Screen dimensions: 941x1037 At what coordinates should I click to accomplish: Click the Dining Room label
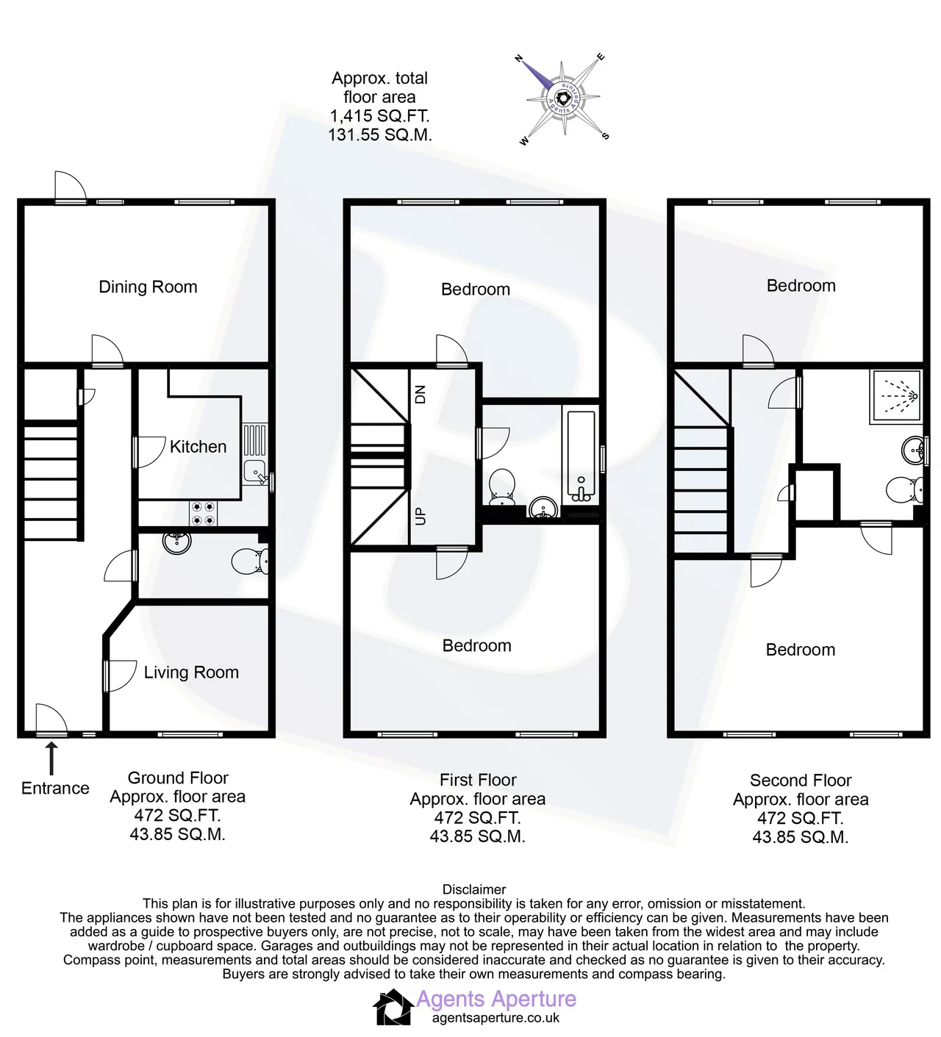click(x=148, y=287)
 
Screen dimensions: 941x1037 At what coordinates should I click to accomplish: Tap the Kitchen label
click(x=198, y=447)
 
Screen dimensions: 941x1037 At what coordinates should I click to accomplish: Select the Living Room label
click(x=191, y=672)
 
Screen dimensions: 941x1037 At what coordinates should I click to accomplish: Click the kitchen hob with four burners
click(x=203, y=513)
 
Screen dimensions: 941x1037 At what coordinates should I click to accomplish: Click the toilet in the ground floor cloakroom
click(x=250, y=561)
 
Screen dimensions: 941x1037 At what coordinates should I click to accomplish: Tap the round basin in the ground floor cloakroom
click(x=177, y=542)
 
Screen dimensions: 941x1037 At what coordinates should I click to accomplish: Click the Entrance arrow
click(x=51, y=758)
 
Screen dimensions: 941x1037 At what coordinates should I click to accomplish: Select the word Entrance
click(x=55, y=789)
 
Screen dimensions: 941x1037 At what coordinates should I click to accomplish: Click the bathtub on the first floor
click(x=581, y=458)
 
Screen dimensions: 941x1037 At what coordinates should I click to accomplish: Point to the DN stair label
click(x=420, y=395)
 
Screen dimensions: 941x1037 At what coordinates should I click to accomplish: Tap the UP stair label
click(x=420, y=516)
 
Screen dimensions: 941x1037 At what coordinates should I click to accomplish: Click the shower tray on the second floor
click(x=896, y=397)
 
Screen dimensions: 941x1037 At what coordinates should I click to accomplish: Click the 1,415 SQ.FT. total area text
click(x=380, y=116)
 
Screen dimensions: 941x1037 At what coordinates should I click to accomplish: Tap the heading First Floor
click(x=478, y=780)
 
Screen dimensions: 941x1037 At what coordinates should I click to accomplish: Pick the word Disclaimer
click(x=474, y=889)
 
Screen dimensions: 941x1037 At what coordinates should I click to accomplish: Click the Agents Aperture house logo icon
click(x=394, y=1007)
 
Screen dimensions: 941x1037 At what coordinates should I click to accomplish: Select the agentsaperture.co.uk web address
click(x=495, y=1018)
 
